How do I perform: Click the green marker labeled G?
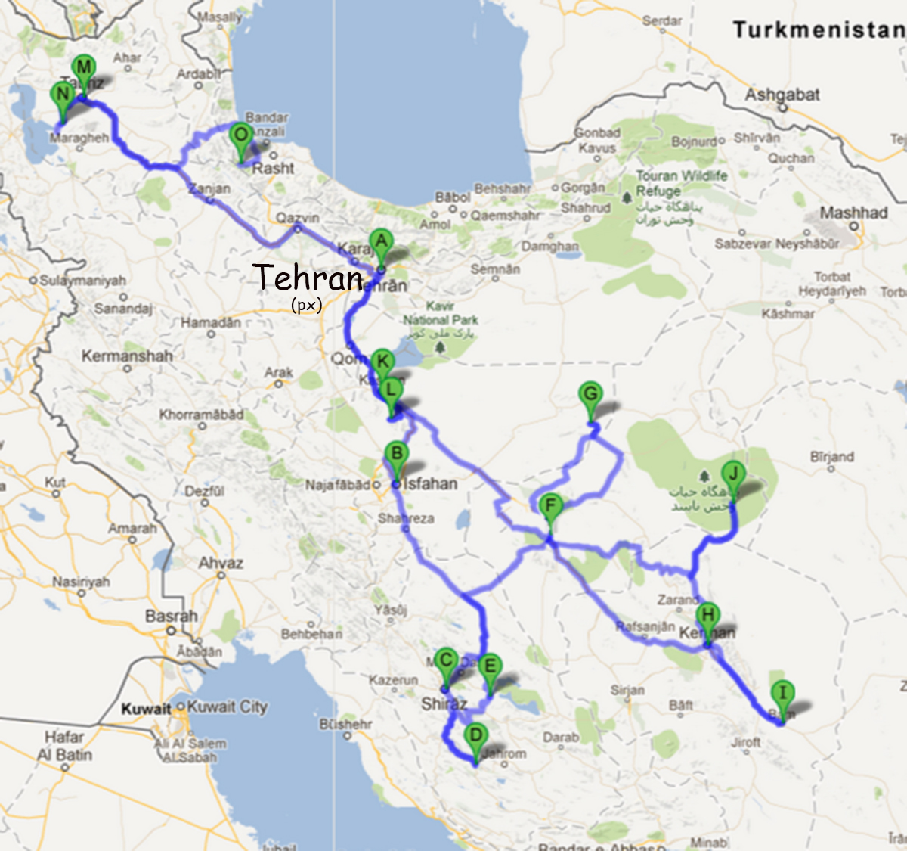[x=590, y=395]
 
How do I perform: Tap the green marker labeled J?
[x=732, y=476]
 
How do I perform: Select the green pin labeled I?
[x=782, y=693]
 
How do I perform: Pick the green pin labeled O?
[x=240, y=136]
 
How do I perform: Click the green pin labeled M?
[x=84, y=68]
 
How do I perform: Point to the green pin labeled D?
[x=475, y=735]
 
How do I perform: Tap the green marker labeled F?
[x=551, y=507]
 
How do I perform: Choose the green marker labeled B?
[x=396, y=455]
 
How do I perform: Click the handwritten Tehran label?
[x=308, y=278]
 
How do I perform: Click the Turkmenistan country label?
[x=819, y=30]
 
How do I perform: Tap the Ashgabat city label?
[x=782, y=95]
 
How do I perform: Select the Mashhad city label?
[x=853, y=213]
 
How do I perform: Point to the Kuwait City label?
[x=228, y=707]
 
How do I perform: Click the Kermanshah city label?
[x=127, y=356]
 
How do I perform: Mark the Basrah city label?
[x=171, y=616]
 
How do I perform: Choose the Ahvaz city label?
[x=221, y=563]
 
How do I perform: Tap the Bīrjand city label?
[x=831, y=457]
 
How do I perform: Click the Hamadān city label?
[x=211, y=322]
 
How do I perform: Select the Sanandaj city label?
[x=123, y=308]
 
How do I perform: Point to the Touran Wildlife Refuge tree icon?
[x=626, y=198]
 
